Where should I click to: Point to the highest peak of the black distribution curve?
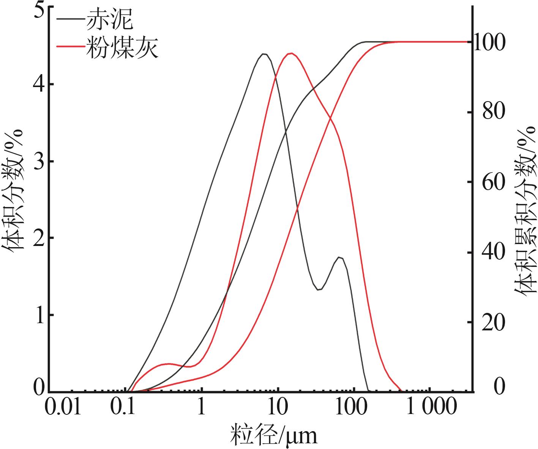(264, 54)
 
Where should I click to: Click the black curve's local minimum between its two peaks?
(319, 290)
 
